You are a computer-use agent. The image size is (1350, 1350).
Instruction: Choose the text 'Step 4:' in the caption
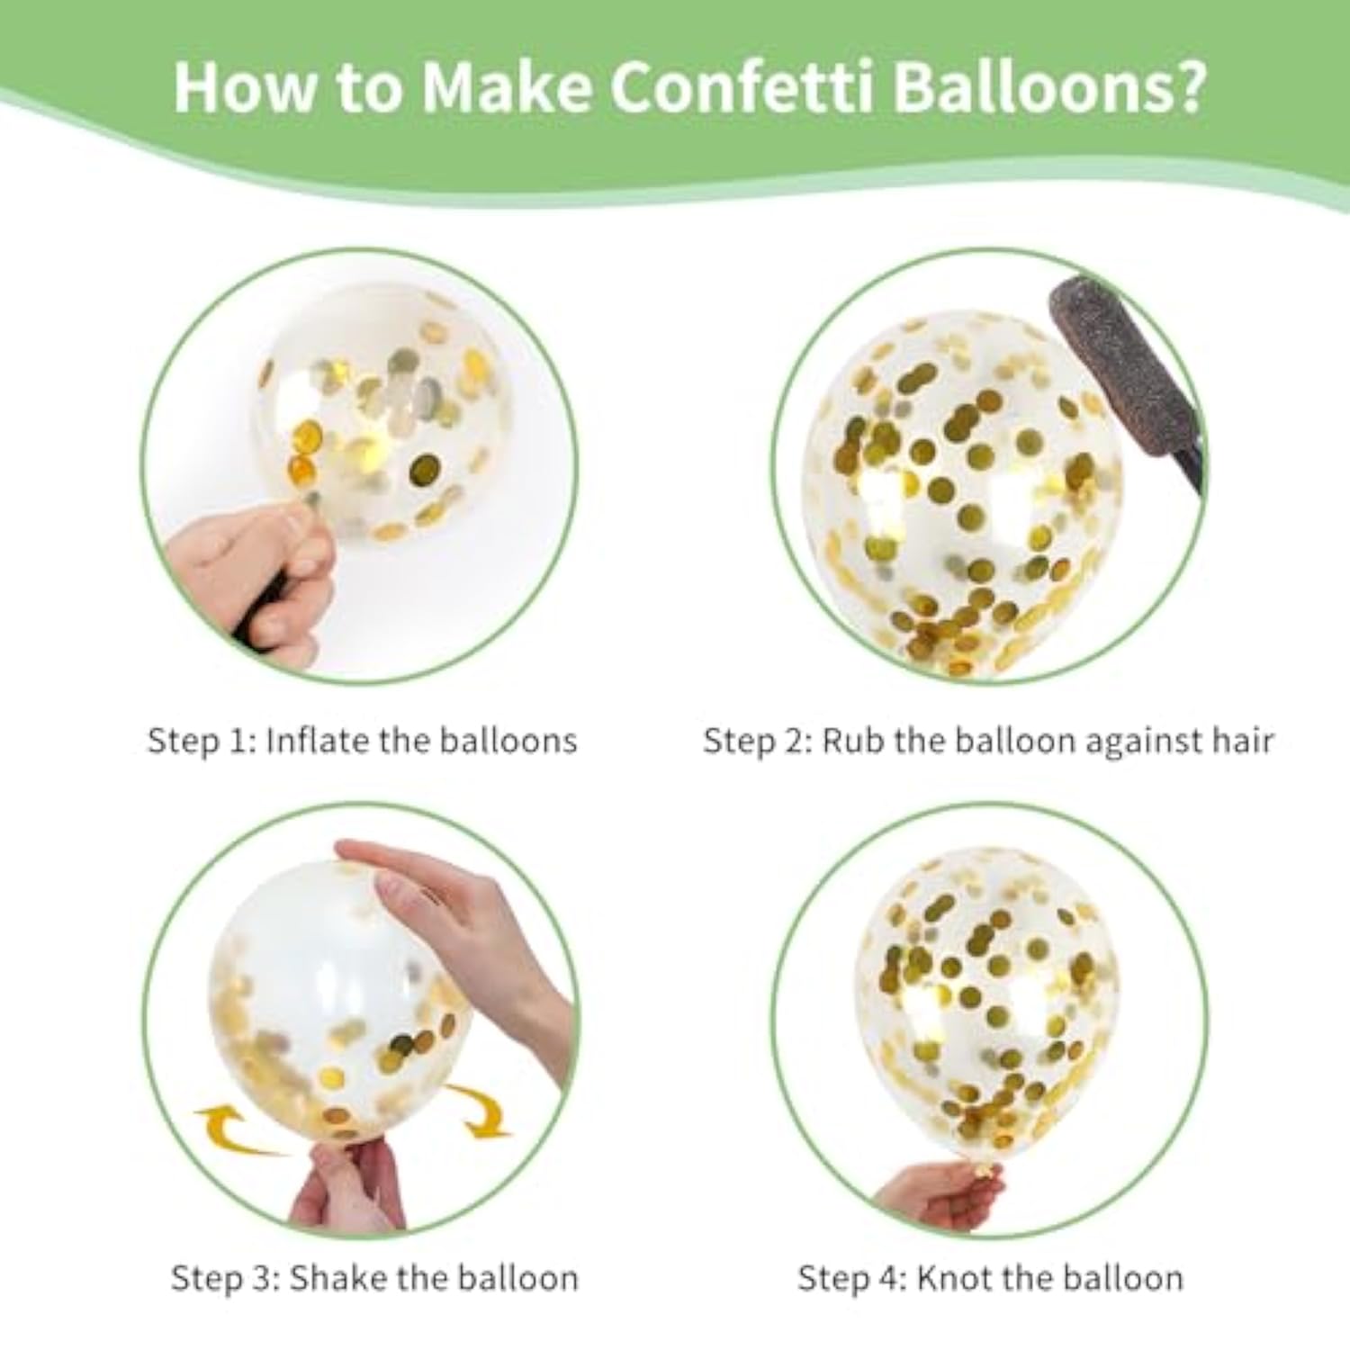(853, 1278)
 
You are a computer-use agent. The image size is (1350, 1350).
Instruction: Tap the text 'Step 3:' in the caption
(226, 1278)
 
